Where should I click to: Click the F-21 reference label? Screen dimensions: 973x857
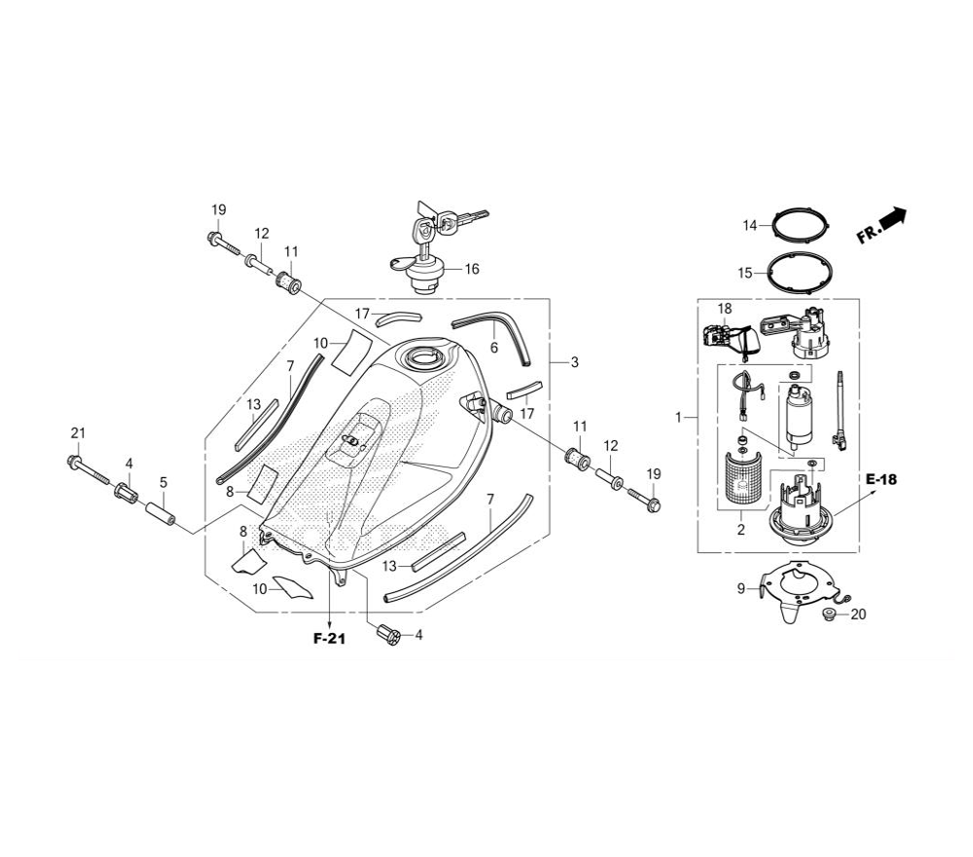click(329, 639)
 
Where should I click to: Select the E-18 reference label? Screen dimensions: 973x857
click(882, 479)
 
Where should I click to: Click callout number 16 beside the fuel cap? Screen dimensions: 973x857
click(472, 269)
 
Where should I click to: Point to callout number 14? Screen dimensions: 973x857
click(750, 225)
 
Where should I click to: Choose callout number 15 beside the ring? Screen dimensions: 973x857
click(744, 273)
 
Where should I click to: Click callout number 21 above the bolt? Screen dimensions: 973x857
click(78, 432)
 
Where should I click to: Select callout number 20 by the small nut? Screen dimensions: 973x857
click(858, 615)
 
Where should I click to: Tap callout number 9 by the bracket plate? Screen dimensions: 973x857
click(740, 588)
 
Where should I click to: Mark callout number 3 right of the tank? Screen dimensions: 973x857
click(575, 361)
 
